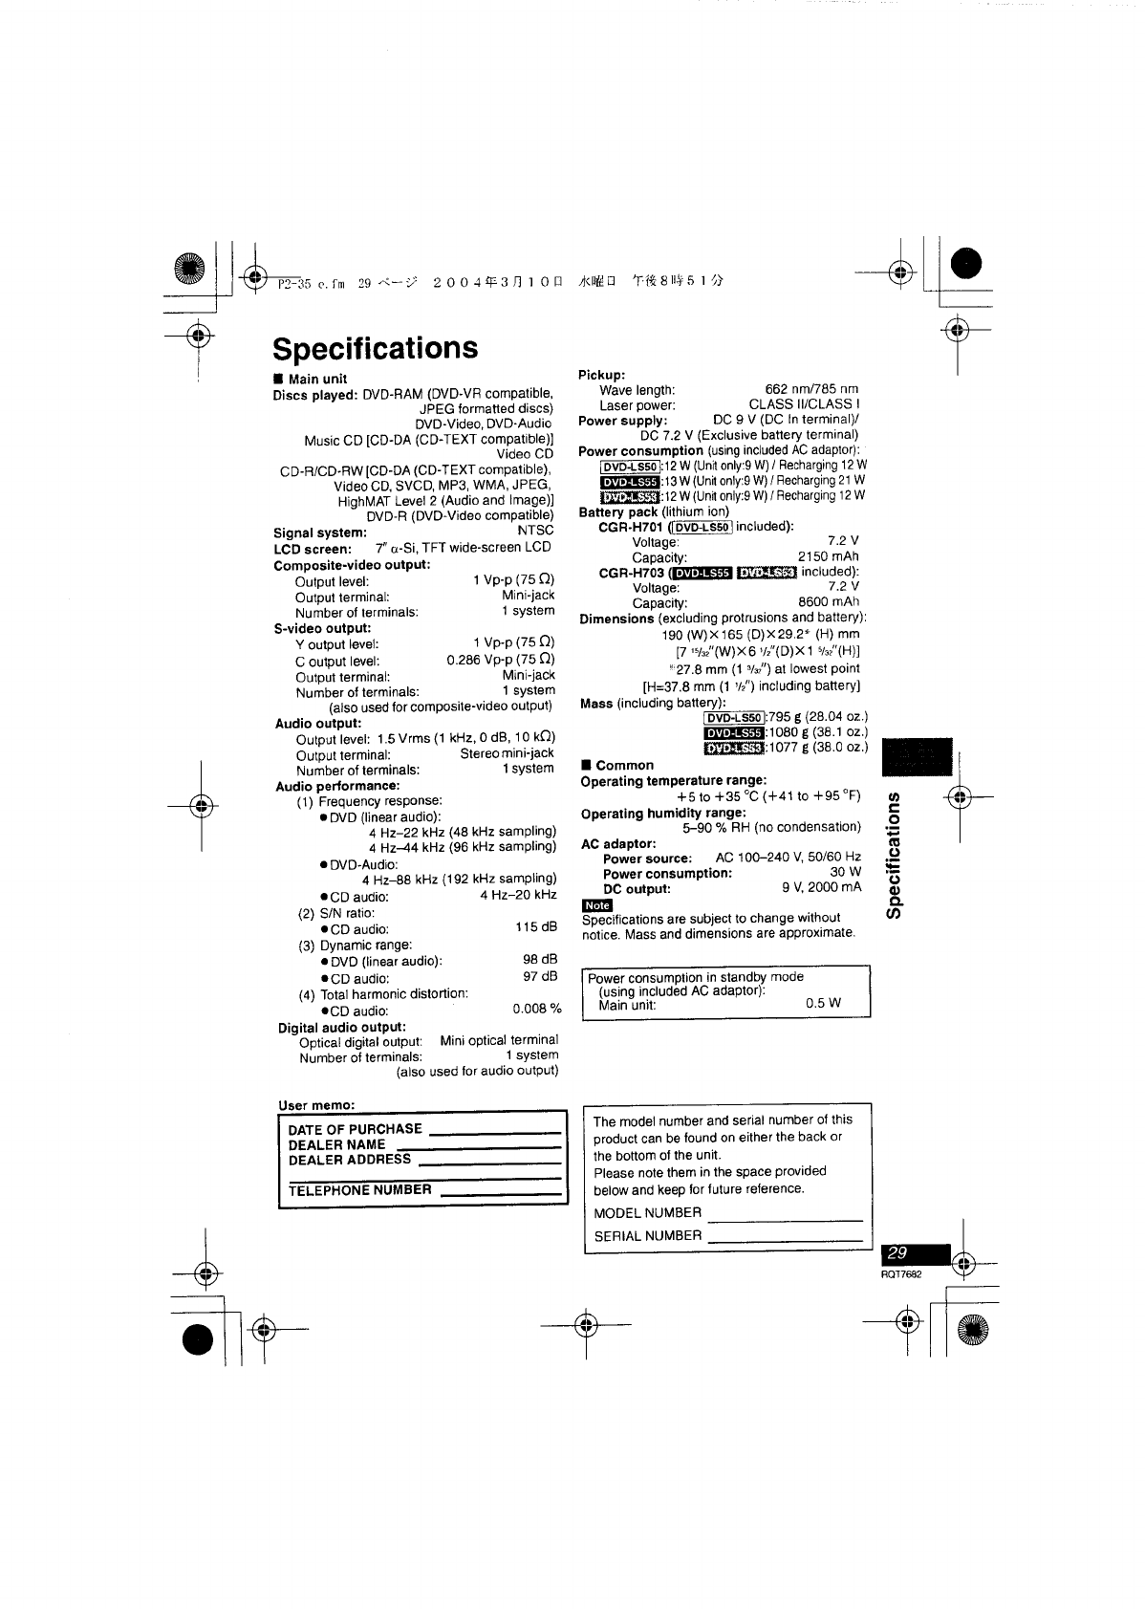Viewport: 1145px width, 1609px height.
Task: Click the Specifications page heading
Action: pos(375,348)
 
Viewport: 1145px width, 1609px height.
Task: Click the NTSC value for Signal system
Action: pos(535,532)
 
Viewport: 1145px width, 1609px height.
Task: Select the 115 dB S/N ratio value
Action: pos(535,927)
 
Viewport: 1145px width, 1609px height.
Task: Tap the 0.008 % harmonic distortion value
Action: pos(536,1010)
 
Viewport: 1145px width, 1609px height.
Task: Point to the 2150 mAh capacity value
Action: pos(828,556)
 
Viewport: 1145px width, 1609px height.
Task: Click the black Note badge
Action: pos(596,904)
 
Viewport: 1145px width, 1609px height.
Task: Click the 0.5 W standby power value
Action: pos(823,1004)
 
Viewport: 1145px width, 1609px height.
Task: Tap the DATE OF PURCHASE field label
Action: pos(355,1129)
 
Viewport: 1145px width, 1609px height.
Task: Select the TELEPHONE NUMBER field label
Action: pos(359,1190)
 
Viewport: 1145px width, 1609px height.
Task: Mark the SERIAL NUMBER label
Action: pos(647,1235)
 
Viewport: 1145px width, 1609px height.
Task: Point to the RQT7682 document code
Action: pos(902,1274)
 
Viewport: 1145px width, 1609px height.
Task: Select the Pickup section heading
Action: pos(601,374)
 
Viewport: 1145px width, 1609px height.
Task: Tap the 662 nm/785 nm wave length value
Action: pos(811,389)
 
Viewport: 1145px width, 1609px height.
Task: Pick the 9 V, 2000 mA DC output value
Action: pos(821,887)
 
